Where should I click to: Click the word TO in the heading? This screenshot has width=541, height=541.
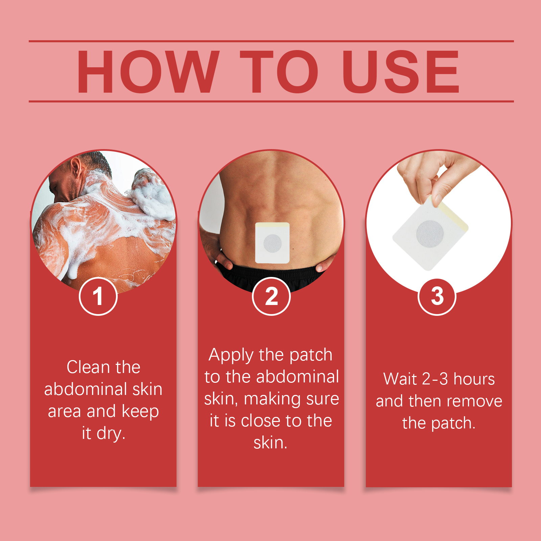[279, 72]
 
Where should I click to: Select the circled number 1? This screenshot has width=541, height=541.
[98, 296]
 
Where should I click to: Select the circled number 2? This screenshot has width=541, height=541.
[271, 296]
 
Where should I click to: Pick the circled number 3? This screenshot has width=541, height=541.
[437, 296]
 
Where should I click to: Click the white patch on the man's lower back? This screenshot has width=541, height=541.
[272, 242]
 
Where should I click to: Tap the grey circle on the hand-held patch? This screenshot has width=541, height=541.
[430, 234]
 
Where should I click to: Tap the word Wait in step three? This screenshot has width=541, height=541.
[400, 379]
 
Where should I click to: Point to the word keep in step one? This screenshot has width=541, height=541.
[140, 411]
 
